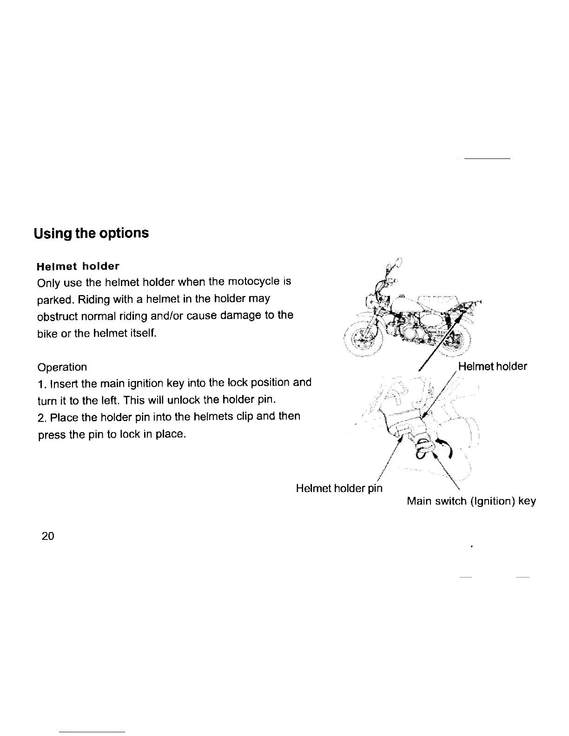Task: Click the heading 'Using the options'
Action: pos(91,233)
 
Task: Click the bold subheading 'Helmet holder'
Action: pos(78,266)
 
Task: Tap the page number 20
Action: pos(48,536)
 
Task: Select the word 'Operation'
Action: pos(62,367)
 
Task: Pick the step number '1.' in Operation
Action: pos(41,384)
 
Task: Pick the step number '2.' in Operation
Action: pos(41,417)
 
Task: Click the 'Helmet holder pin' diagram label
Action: pos(339,488)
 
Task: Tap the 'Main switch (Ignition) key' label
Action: pos(471,501)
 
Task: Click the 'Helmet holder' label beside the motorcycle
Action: pos(492,367)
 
